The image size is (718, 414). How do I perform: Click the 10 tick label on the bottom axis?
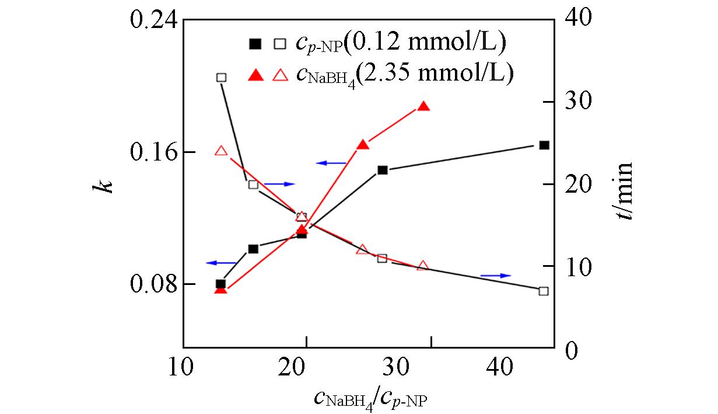[183, 368]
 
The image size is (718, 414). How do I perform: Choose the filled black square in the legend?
[255, 43]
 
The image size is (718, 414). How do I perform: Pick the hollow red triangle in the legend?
[281, 74]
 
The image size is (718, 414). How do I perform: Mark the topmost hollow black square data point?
[221, 77]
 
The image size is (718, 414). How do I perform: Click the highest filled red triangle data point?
[424, 106]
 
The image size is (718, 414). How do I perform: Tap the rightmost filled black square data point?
[544, 145]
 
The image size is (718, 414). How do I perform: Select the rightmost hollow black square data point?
[544, 291]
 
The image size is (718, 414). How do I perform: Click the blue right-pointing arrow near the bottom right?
[496, 275]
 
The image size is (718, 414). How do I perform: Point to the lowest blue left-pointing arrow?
[221, 263]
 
